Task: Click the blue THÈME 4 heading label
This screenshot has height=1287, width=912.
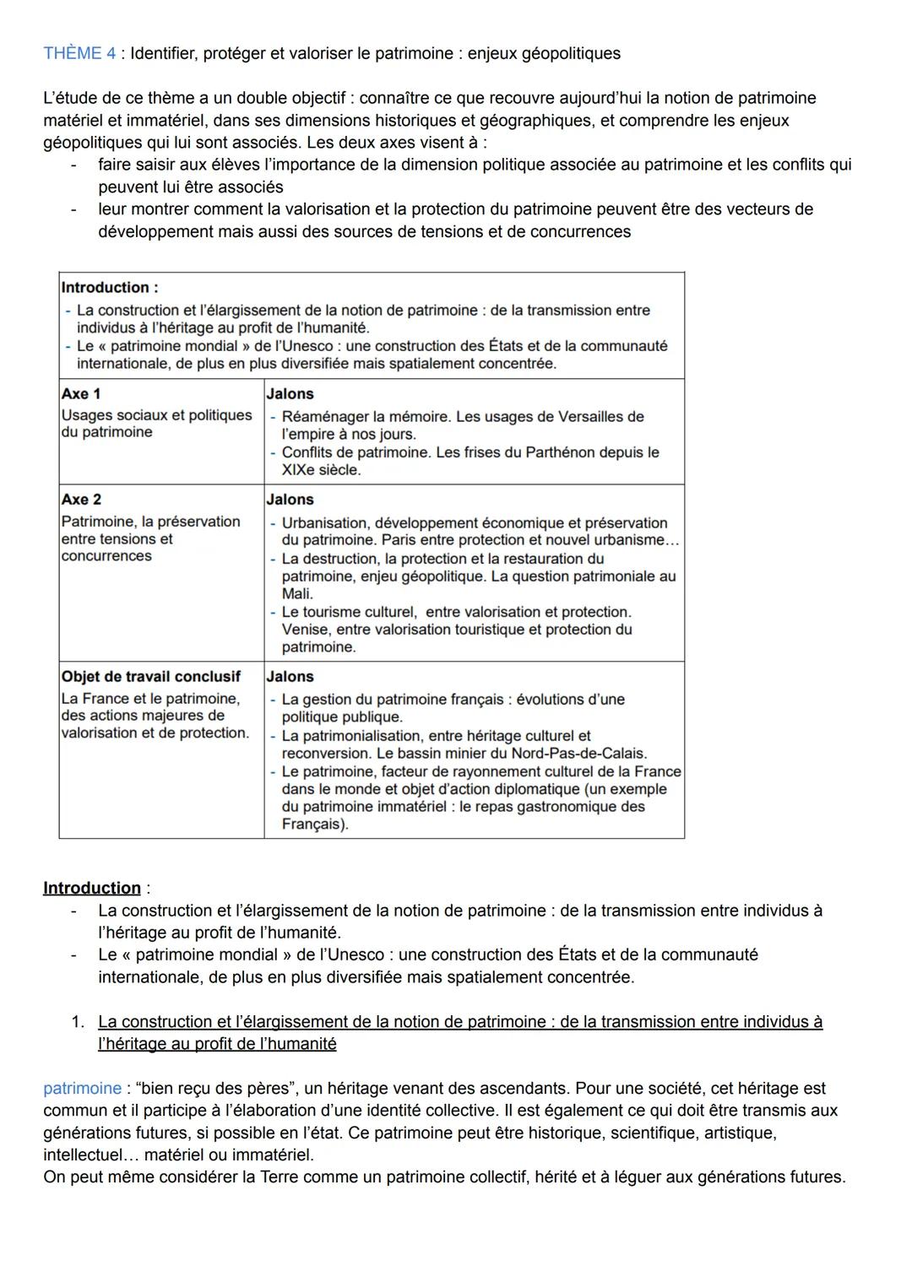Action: [x=79, y=53]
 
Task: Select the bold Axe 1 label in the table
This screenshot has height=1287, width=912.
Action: [x=81, y=393]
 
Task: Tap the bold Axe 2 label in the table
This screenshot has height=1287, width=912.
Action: [x=81, y=500]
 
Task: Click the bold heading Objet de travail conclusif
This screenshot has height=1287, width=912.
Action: [x=150, y=677]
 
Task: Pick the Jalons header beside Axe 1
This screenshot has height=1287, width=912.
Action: [x=290, y=393]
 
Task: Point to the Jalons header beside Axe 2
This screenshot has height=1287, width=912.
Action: [x=290, y=500]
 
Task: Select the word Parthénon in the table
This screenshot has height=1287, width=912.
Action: [x=565, y=452]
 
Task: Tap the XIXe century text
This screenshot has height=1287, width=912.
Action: [x=300, y=470]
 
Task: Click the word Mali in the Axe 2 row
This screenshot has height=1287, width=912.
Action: [x=296, y=594]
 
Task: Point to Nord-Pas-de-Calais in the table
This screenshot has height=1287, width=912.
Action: [x=578, y=753]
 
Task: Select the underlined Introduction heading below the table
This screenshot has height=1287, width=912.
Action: [x=92, y=888]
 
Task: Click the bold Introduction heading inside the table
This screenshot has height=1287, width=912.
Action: [x=109, y=287]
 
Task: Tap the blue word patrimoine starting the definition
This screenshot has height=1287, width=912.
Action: [x=82, y=1089]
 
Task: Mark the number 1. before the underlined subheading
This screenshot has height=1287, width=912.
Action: [x=78, y=1022]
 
